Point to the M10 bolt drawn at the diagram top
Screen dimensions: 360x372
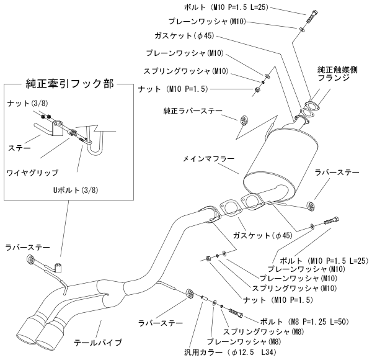pos(301,15)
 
